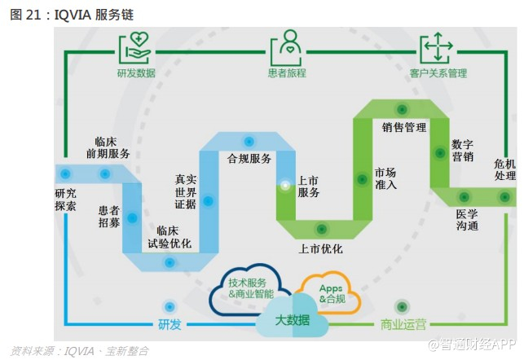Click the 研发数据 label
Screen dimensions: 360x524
(134, 73)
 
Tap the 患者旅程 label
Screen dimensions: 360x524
(288, 73)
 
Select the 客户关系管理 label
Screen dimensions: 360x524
(438, 73)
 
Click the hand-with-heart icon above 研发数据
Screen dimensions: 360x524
(134, 47)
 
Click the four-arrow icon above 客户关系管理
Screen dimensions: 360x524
(436, 46)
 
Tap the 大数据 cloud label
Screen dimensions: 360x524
(291, 320)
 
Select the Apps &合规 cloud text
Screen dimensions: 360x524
(332, 293)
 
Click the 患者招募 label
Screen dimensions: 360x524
(108, 216)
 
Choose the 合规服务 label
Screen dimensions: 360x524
(249, 158)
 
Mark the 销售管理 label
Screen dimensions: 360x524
(404, 128)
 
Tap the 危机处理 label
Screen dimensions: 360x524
(505, 169)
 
